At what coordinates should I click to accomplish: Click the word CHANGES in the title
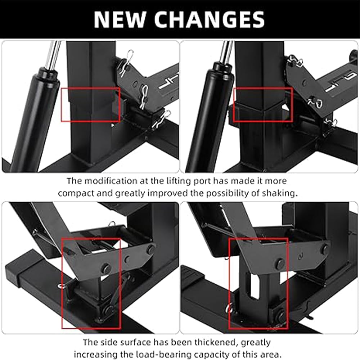pyautogui.click(x=210, y=19)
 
